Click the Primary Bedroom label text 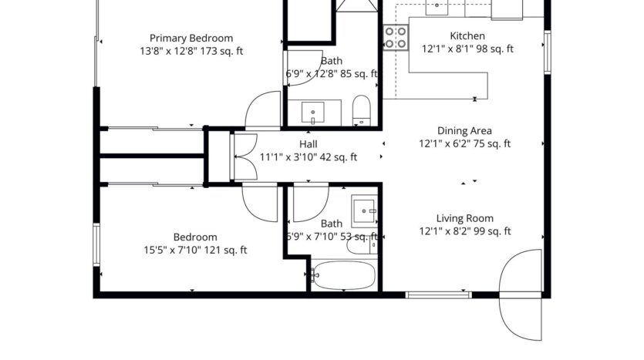tap(191, 38)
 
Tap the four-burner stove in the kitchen tap(396, 38)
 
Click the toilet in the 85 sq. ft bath tap(362, 110)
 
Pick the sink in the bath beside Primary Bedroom tap(314, 113)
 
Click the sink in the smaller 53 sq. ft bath tap(364, 209)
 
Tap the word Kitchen tap(467, 35)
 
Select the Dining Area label tap(464, 131)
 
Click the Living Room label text tap(464, 218)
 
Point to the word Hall tap(309, 144)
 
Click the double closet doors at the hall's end tap(244, 156)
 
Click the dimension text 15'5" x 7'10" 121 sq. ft tap(194, 249)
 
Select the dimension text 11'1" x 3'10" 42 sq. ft tap(309, 156)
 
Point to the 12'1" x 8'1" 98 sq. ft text tap(467, 49)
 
